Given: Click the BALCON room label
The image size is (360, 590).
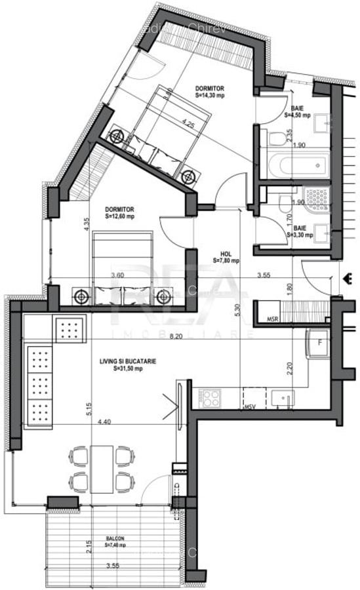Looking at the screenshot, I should [x=115, y=538].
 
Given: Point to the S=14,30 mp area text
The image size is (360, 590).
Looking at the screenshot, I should [x=210, y=95].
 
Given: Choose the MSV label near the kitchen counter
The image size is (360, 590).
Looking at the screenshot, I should [x=250, y=407].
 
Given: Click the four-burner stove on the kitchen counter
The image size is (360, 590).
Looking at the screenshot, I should [x=212, y=397].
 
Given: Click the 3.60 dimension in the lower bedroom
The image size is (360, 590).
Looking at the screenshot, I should [x=117, y=275].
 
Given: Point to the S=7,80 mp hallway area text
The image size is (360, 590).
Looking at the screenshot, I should [x=226, y=260].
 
